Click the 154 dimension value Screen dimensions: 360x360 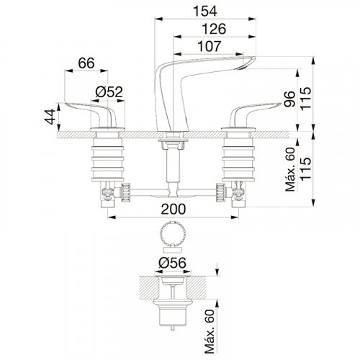pyautogui.click(x=205, y=11)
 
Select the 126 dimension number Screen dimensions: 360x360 pyautogui.click(x=214, y=29)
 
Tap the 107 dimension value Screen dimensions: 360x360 pyautogui.click(x=209, y=46)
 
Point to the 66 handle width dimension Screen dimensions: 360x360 pyautogui.click(x=86, y=63)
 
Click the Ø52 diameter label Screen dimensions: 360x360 pyautogui.click(x=109, y=91)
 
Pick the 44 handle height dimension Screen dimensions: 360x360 pyautogui.click(x=50, y=117)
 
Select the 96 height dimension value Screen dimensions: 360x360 pyautogui.click(x=289, y=99)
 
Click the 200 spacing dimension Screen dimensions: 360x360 pyautogui.click(x=174, y=209)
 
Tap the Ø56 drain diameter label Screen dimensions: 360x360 pyautogui.click(x=172, y=263)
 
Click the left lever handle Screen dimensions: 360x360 pyautogui.click(x=95, y=113)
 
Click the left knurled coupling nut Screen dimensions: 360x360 pyautogui.click(x=125, y=192)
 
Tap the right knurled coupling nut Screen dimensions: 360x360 pyautogui.click(x=220, y=192)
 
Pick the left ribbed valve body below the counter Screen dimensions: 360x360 pyautogui.click(x=107, y=163)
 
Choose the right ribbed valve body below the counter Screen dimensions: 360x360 pyautogui.click(x=238, y=163)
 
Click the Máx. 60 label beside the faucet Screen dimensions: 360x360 pyautogui.click(x=290, y=169)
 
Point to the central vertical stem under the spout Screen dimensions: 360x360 pyautogui.click(x=173, y=166)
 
